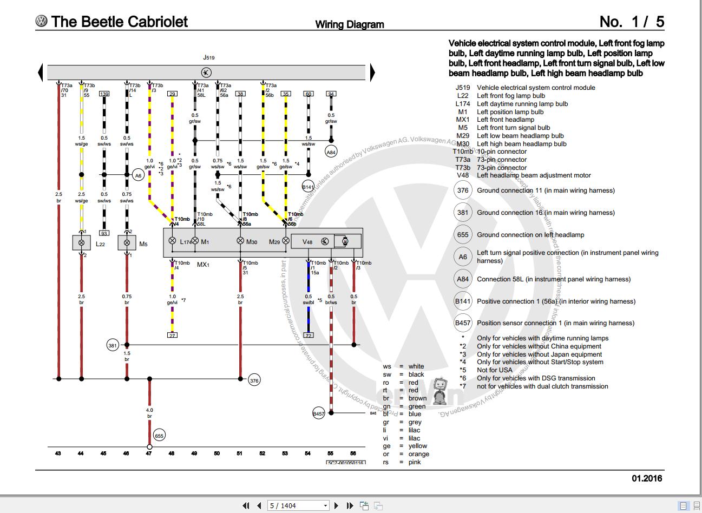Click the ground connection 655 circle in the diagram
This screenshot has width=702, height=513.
point(159,435)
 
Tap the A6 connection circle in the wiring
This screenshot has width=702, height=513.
point(138,175)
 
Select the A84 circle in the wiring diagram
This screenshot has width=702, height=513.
point(331,153)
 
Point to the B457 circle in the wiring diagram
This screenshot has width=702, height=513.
point(319,414)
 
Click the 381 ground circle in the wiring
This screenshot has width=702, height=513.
point(113,345)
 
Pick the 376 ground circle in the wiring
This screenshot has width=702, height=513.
point(254,380)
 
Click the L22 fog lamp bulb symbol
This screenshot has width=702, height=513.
point(81,243)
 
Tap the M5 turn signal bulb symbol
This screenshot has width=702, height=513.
point(127,243)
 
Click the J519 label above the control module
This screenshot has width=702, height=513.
point(208,57)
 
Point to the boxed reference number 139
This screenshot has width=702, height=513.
point(104,94)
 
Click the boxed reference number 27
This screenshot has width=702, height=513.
point(172,336)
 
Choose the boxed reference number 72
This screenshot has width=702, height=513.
point(308,336)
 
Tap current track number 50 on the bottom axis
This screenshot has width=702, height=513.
point(217,453)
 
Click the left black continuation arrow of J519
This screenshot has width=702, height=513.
point(41,73)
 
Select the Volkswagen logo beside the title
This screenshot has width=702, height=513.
point(41,21)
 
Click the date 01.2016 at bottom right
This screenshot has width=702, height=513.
point(646,478)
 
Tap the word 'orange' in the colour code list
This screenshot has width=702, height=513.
point(418,454)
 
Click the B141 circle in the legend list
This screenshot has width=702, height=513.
point(463,301)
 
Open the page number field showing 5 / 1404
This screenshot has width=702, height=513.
point(298,505)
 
